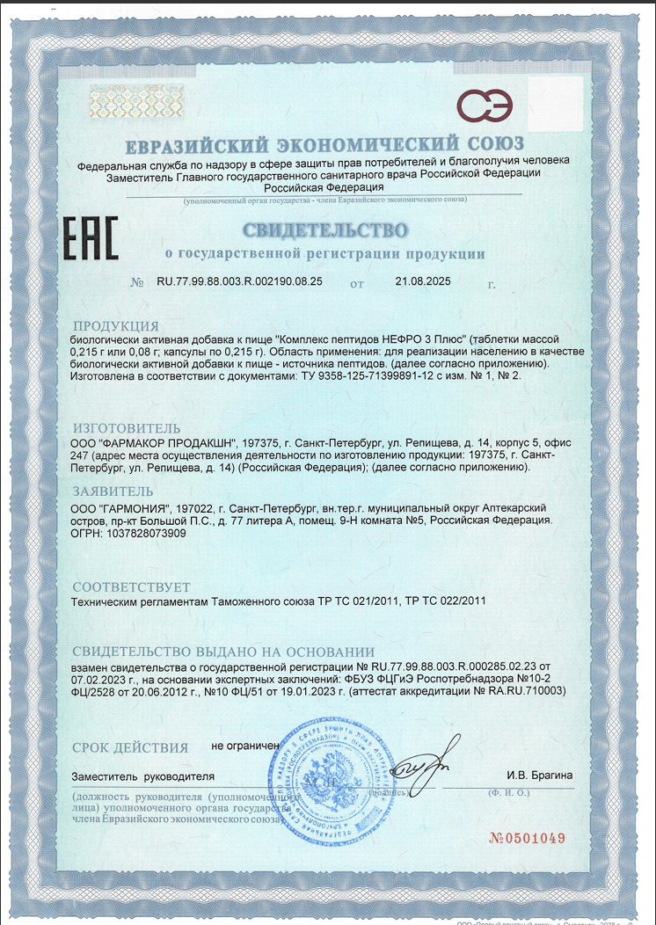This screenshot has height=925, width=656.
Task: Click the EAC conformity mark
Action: (89, 239)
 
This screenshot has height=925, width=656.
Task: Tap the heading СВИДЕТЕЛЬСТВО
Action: (325, 231)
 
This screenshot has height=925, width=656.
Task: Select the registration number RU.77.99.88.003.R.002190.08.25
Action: (239, 283)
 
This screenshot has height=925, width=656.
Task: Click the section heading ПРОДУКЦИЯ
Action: (115, 325)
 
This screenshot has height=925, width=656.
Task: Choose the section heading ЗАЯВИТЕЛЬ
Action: (113, 492)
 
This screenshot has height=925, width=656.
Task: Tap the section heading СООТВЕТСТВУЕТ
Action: (131, 586)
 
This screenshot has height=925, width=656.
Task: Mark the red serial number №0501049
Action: (527, 837)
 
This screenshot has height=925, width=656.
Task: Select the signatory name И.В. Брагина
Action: (540, 775)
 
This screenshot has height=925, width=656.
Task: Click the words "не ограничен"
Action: (245, 746)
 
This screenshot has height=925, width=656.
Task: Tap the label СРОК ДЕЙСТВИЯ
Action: (130, 748)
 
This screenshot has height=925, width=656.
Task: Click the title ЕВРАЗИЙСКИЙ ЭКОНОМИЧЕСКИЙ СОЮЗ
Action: (325, 143)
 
